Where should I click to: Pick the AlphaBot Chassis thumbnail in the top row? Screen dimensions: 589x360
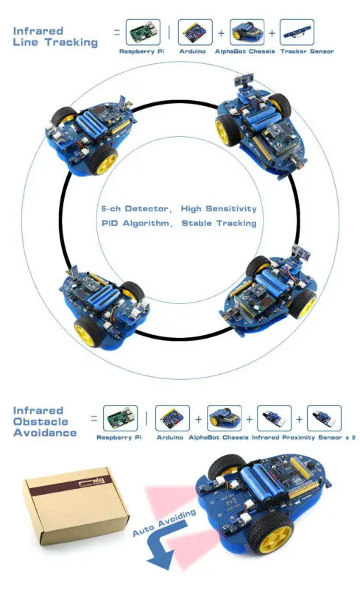[246, 33]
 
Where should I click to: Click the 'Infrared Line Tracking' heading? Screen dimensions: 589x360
[55, 37]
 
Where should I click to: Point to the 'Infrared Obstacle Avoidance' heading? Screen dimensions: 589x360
[44, 421]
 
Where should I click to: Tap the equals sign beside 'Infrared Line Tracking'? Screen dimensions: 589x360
[116, 32]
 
